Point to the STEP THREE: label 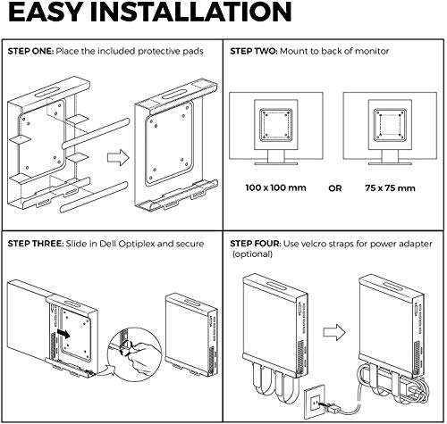[39, 243]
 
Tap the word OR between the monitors [333, 188]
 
